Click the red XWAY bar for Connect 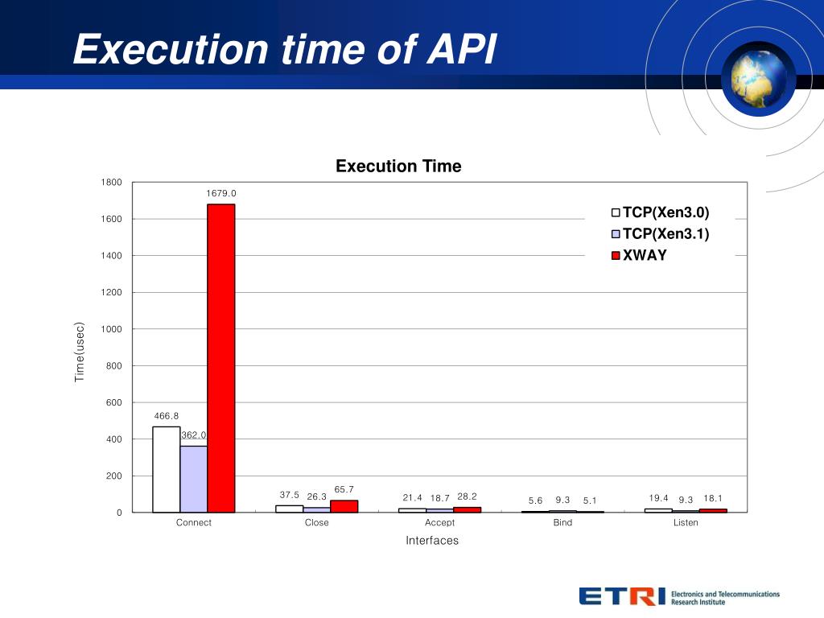[221, 358]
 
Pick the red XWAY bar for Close [344, 506]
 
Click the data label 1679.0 [221, 193]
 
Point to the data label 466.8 [167, 416]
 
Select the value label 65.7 [344, 489]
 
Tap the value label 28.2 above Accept [468, 496]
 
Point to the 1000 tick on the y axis [111, 329]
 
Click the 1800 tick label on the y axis [111, 183]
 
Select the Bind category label [562, 523]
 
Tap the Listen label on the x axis [686, 523]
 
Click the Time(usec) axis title [80, 352]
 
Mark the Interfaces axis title [432, 541]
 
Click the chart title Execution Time [398, 167]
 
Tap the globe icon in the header [758, 78]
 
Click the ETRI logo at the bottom [622, 596]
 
